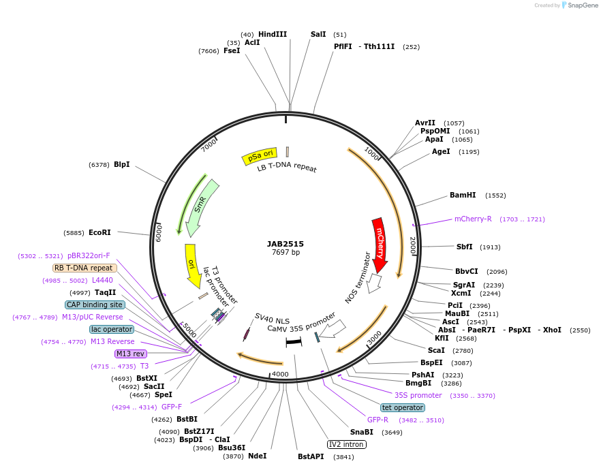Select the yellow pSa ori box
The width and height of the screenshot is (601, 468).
(x=260, y=157)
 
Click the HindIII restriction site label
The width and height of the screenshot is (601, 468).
(x=273, y=34)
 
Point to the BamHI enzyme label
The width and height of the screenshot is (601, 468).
(x=463, y=195)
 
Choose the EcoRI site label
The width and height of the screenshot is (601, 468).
(x=99, y=232)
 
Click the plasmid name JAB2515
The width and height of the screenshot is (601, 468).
(x=286, y=243)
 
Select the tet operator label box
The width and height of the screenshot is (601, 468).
(x=403, y=407)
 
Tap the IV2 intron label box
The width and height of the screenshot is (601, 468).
(x=347, y=444)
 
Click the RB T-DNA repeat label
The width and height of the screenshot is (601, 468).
(x=84, y=268)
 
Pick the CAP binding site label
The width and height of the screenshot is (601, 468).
(x=95, y=305)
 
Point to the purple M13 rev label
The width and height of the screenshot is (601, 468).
(x=130, y=354)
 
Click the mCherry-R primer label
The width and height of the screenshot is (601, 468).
(x=473, y=219)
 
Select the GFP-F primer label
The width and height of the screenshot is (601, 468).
(x=172, y=407)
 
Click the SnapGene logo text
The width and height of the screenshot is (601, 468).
(x=583, y=5)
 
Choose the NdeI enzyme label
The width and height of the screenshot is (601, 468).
(x=257, y=456)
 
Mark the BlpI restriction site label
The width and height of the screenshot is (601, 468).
(x=121, y=164)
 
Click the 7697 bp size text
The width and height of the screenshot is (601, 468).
(x=286, y=252)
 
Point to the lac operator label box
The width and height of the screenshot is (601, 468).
(x=112, y=329)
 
